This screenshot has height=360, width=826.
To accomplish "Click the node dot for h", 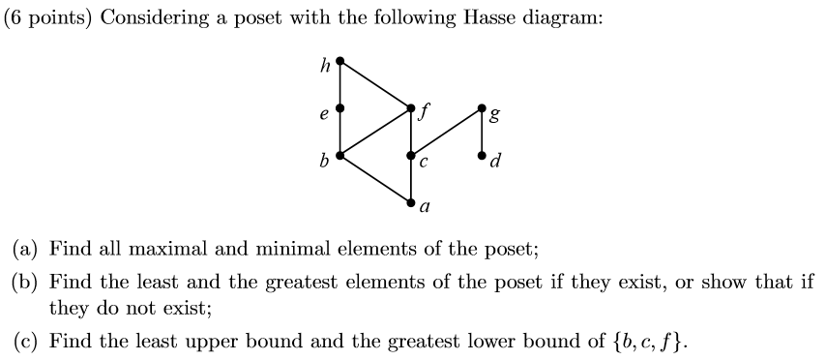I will (x=339, y=60).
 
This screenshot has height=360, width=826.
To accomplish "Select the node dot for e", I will (x=339, y=107).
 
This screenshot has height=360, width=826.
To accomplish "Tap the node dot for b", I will (x=339, y=155).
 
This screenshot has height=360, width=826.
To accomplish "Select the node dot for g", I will (x=483, y=107).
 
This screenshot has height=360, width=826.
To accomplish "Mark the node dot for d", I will (x=483, y=155).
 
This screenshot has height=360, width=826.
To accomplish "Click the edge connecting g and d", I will (x=483, y=132).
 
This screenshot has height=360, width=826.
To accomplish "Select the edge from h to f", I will (x=375, y=83).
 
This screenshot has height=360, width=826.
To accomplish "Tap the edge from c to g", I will (x=447, y=132).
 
